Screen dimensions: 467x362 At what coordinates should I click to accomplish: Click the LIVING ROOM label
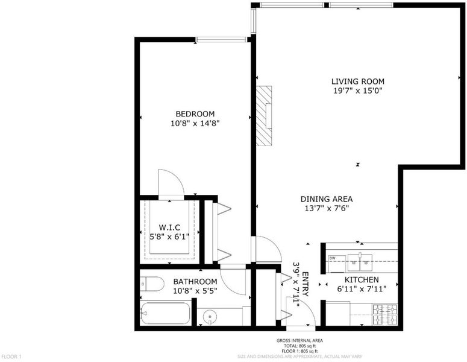358,81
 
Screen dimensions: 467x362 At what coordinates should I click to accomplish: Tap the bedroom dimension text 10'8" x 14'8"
195,123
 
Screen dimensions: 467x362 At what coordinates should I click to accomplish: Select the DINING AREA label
327,199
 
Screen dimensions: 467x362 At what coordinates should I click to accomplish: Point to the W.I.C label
169,227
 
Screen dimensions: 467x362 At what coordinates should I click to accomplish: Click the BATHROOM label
195,282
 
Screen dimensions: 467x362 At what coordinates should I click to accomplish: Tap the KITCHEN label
362,280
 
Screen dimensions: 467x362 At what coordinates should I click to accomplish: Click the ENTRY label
306,284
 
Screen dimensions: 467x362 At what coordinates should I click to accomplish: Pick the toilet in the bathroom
152,284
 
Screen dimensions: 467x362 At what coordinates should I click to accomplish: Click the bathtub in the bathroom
165,313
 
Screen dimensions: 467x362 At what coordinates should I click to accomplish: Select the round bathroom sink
210,316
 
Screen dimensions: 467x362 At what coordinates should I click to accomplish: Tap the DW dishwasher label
332,258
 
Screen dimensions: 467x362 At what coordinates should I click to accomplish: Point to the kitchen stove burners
385,314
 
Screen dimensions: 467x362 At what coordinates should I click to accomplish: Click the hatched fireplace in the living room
264,116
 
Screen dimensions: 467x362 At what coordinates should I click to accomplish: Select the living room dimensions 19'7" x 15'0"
358,91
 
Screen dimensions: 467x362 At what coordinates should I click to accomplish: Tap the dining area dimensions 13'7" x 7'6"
327,208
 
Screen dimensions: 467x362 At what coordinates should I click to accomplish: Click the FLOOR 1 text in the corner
11,357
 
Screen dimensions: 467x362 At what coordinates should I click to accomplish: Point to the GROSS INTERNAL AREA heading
299,340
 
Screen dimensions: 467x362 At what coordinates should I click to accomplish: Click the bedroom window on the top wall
221,40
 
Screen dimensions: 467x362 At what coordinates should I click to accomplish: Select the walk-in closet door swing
171,184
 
